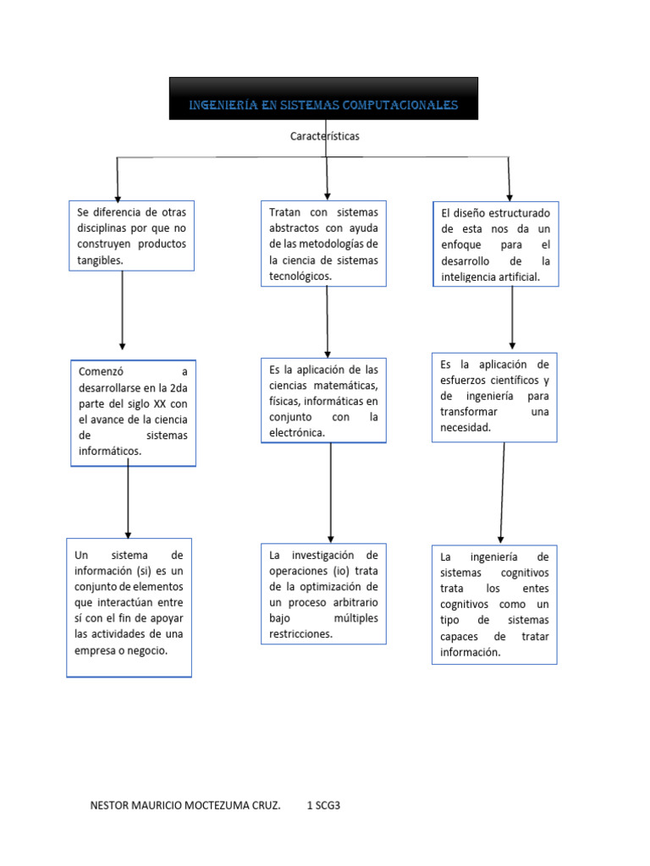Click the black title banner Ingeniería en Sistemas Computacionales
click(x=323, y=99)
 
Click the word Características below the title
click(x=325, y=135)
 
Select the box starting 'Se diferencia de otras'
click(x=131, y=235)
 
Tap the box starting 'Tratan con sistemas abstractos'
click(x=323, y=243)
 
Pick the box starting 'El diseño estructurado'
click(x=495, y=243)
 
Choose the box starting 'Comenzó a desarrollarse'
click(x=133, y=411)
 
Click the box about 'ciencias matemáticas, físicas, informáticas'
click(x=323, y=400)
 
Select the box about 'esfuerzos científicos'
click(x=494, y=396)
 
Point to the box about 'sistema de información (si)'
click(x=129, y=606)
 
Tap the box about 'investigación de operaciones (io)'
click(x=323, y=594)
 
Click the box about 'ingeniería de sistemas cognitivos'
click(x=494, y=605)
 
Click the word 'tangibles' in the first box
click(x=99, y=260)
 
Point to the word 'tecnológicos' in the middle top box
click(x=300, y=277)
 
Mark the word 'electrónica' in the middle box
click(x=296, y=433)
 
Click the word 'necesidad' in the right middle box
click(x=465, y=427)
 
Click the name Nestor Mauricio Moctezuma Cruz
click(x=185, y=806)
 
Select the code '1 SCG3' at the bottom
click(x=322, y=806)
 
